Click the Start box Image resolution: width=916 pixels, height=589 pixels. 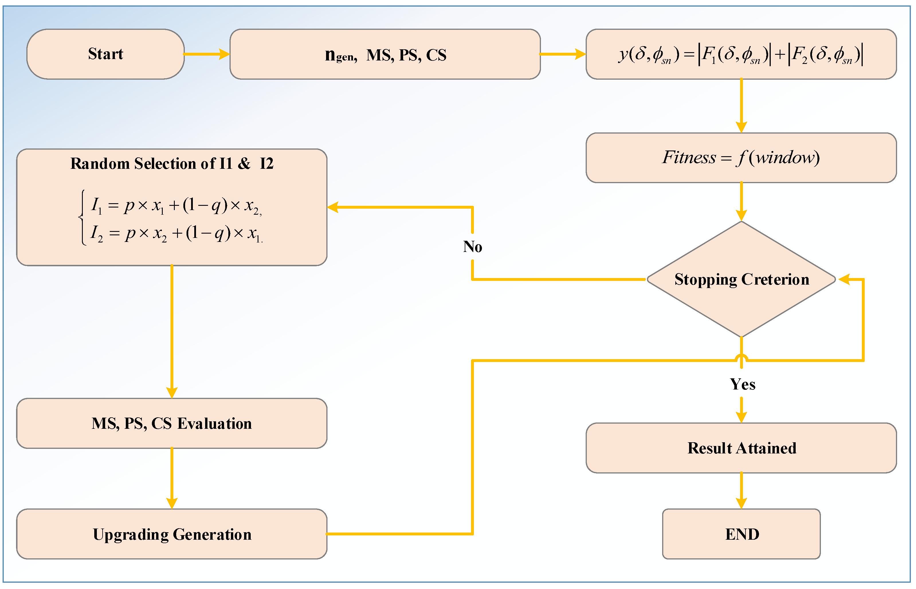[105, 54]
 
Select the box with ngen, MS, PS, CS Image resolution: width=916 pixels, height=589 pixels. [385, 54]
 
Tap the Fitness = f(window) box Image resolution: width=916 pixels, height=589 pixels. [741, 158]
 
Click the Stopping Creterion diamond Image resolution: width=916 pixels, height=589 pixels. [741, 279]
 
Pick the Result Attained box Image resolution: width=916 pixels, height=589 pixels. [741, 448]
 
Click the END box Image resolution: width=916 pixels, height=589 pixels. [741, 534]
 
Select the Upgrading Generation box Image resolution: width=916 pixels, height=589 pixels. [172, 534]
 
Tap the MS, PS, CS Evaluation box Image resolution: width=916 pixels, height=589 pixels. [172, 423]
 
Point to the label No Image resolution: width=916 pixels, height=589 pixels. [472, 247]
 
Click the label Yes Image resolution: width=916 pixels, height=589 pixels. [742, 384]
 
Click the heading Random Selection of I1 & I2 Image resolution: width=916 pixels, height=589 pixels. [172, 164]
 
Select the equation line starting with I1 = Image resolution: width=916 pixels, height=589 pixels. [176, 206]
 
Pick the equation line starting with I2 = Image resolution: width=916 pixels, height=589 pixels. [176, 233]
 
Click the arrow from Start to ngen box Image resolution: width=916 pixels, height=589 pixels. [207, 54]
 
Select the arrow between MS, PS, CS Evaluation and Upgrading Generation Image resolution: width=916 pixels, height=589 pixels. [172, 478]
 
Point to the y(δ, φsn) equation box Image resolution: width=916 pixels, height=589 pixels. [741, 54]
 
